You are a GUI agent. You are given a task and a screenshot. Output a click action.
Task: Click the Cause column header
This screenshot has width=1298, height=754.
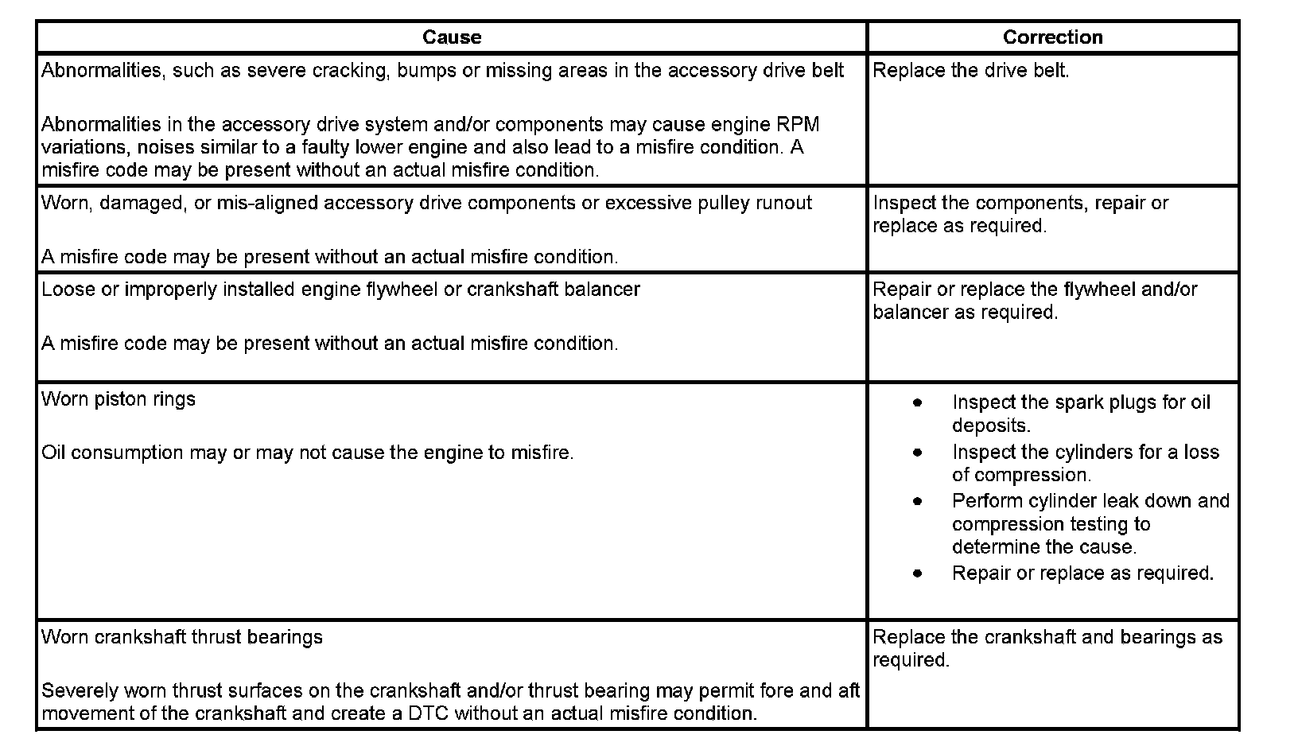point(451,37)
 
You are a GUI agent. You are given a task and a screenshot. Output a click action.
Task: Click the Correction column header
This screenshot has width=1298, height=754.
point(1052,37)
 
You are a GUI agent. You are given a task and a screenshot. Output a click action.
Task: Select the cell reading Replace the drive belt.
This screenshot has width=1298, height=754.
point(970,71)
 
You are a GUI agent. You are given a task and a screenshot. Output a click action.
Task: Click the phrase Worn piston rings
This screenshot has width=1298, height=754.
point(119,398)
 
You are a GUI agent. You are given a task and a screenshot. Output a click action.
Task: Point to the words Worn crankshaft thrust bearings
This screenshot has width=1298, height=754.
point(182,637)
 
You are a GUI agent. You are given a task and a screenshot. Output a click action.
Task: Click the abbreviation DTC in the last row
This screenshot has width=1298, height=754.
point(428,713)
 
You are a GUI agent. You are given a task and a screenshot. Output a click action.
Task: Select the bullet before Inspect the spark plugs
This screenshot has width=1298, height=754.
point(918,402)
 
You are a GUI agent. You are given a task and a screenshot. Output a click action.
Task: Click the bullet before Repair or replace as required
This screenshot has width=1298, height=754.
point(918,573)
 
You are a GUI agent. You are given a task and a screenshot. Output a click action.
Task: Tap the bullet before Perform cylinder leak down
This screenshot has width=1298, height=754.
point(918,501)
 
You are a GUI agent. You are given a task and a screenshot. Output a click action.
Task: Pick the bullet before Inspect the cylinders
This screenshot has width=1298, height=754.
point(918,452)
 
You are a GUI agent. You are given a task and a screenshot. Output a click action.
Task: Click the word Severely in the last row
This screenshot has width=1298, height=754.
point(77,690)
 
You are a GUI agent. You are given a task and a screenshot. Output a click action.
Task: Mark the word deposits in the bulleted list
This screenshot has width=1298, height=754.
point(990,426)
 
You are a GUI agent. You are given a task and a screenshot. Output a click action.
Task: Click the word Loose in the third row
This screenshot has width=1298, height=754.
point(67,290)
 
